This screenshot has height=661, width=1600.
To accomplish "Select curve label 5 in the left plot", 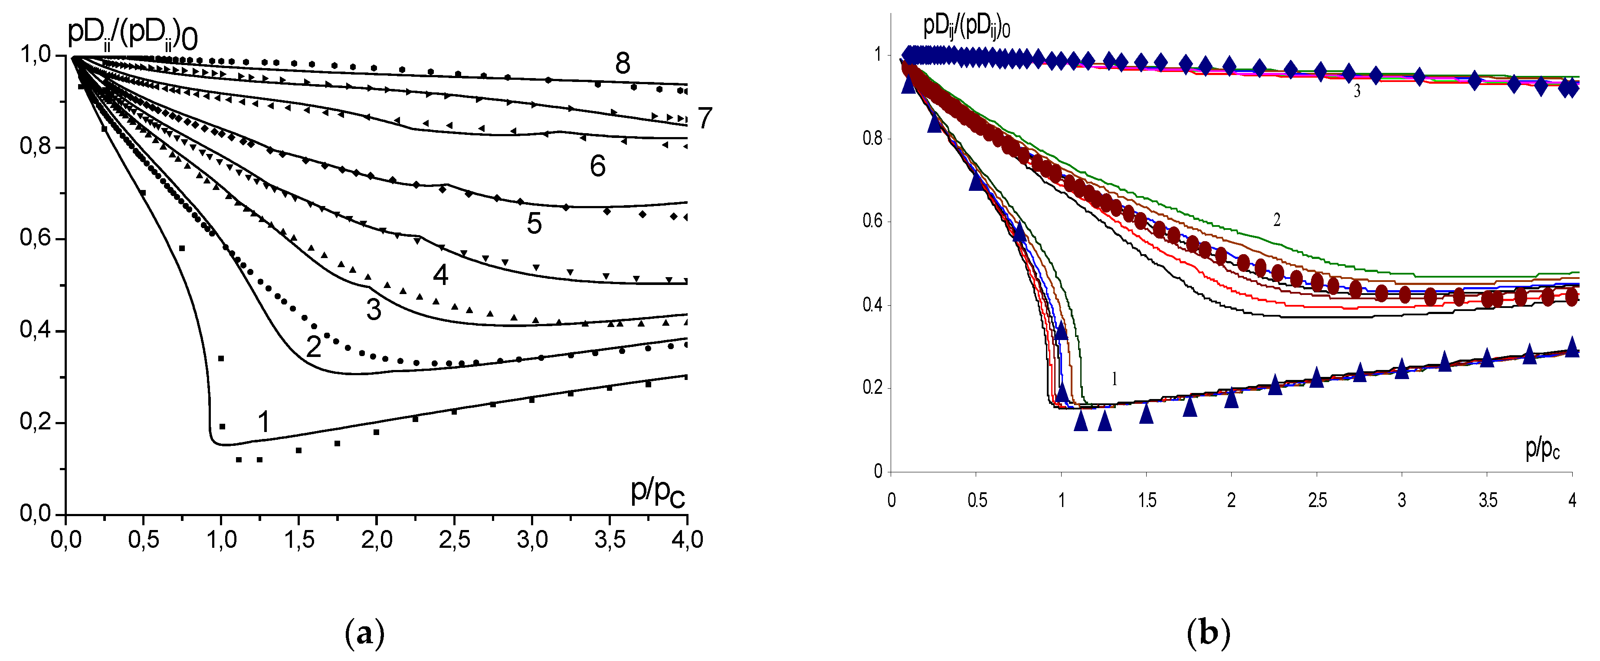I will point(534,224).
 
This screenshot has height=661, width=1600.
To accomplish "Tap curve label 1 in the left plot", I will point(263,422).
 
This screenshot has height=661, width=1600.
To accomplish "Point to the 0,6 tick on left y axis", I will point(36,239).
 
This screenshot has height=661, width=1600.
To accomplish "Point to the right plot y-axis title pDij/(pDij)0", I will point(966,28).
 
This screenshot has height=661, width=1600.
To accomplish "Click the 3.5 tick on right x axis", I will point(1488,501).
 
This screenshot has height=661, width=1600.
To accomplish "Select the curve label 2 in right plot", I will point(1276,220).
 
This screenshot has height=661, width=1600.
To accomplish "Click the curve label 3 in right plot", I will point(1357,92).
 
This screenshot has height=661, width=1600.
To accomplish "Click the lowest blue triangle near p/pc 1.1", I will point(1081,421).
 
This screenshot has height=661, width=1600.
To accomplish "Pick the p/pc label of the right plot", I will point(1542,448).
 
